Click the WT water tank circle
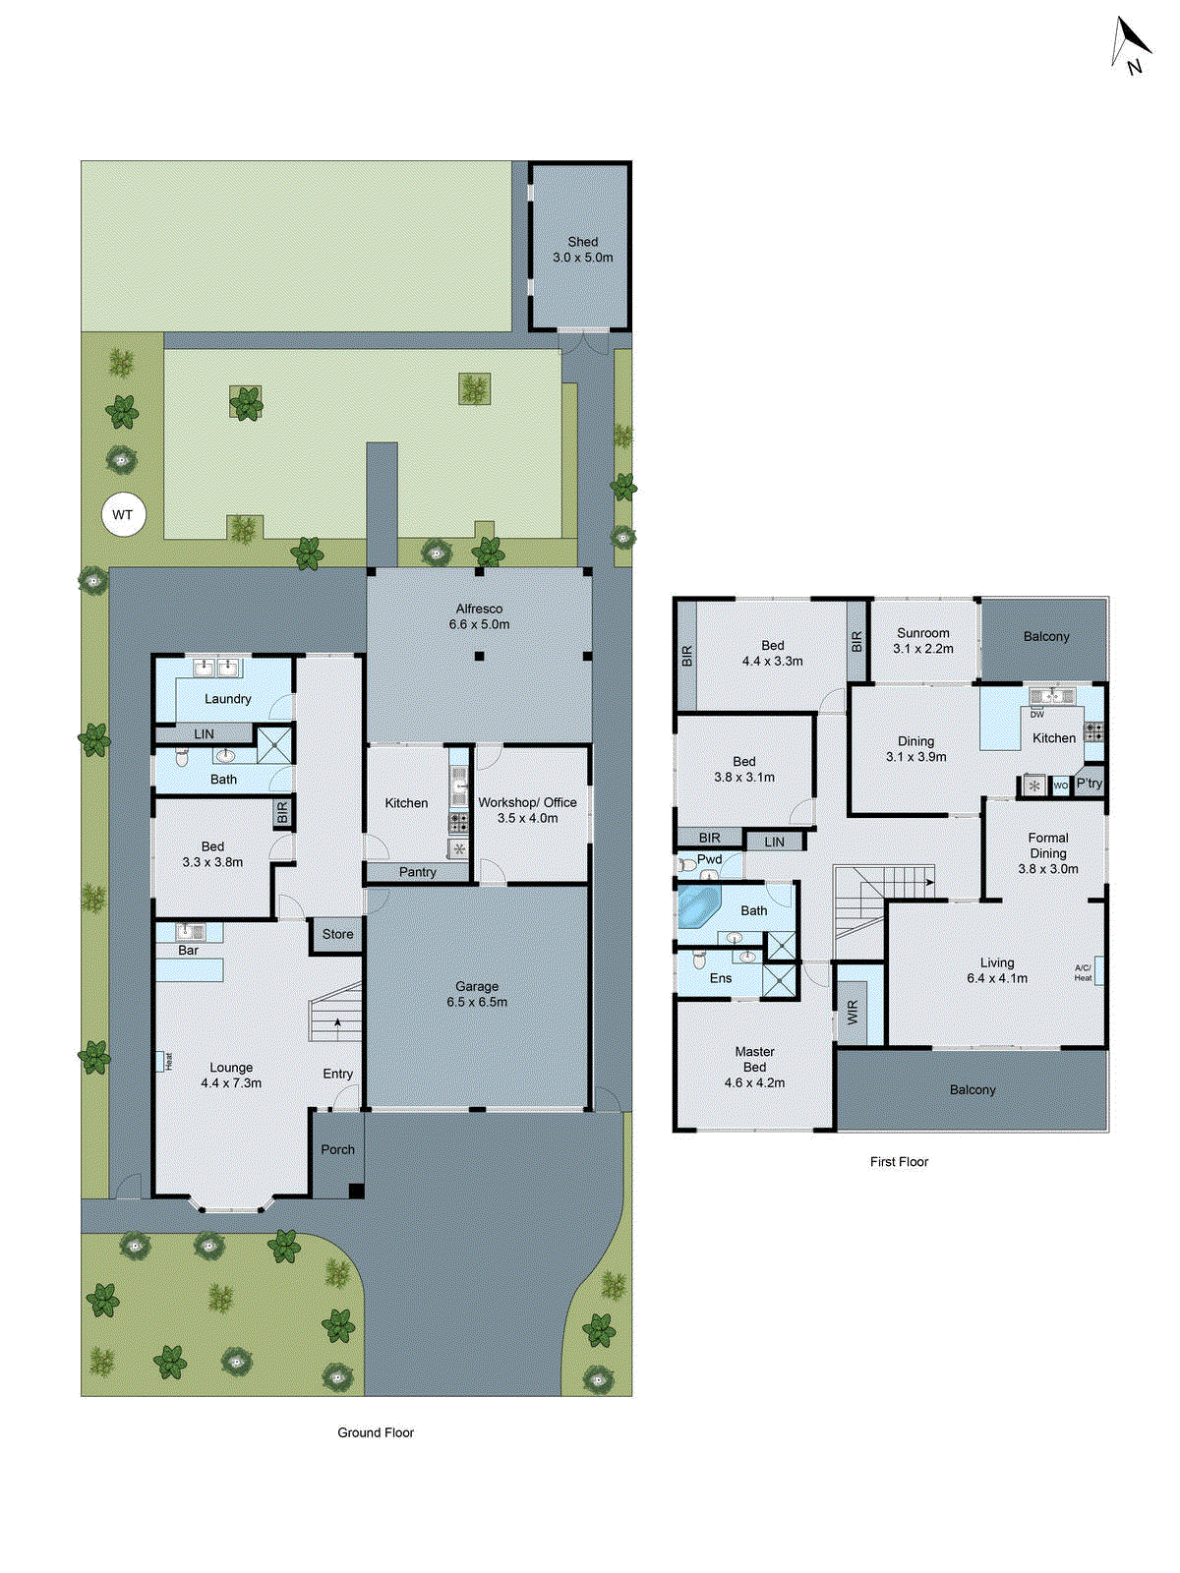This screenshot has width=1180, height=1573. (x=123, y=514)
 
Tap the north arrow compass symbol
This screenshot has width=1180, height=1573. (x=1130, y=46)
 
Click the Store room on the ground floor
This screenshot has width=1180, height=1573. (x=337, y=934)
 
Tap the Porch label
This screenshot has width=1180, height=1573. (x=337, y=1149)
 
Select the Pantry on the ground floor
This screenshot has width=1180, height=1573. (x=418, y=872)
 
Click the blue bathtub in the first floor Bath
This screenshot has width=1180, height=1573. (x=699, y=906)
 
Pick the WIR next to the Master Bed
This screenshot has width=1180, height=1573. (x=853, y=1012)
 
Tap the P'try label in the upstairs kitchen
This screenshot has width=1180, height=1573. (x=1089, y=784)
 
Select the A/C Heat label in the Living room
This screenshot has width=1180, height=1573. (x=1083, y=972)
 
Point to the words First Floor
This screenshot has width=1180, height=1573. (x=899, y=1162)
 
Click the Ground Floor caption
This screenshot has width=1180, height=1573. (x=376, y=1432)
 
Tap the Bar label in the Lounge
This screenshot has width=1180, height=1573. (x=188, y=951)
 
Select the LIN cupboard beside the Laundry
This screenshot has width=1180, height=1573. (x=204, y=733)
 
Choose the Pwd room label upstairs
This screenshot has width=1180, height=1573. (x=709, y=859)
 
